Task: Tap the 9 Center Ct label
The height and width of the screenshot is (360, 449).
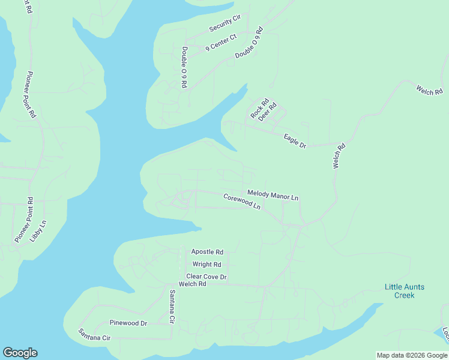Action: click(221, 43)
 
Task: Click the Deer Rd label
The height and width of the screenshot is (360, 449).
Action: click(267, 112)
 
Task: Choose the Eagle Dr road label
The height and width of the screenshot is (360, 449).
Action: click(295, 141)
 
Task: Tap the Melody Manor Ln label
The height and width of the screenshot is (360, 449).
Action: click(273, 195)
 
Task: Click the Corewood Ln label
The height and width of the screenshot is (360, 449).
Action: click(242, 201)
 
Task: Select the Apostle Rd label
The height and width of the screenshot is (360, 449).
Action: click(207, 252)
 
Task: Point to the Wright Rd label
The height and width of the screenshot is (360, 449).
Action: click(207, 264)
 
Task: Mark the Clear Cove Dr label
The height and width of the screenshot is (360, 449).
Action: click(206, 277)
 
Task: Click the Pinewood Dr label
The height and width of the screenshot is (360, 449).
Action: click(128, 323)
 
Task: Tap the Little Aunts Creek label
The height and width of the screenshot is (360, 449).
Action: click(404, 291)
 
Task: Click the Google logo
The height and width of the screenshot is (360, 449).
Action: click(20, 353)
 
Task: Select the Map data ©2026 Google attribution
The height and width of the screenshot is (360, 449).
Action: click(412, 355)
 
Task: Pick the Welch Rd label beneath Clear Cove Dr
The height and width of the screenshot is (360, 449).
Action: click(192, 284)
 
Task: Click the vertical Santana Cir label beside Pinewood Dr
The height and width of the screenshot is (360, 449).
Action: click(172, 307)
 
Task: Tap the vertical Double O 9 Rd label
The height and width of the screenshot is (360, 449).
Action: click(185, 67)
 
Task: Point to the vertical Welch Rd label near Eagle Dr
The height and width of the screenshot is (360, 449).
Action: click(340, 155)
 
